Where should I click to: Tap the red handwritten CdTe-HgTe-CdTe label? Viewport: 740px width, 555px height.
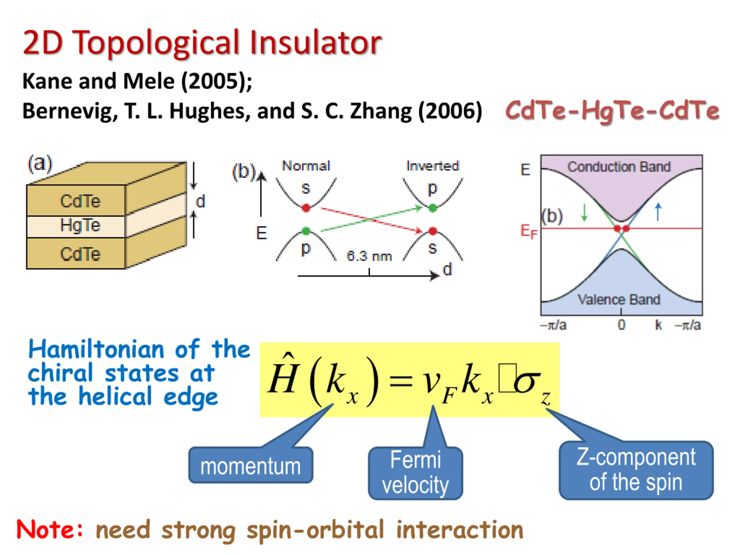point(612,111)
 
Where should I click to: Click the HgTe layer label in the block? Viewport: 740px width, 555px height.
point(80,225)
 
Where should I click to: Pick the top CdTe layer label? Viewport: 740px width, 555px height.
point(80,201)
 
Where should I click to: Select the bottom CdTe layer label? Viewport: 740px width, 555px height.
point(80,254)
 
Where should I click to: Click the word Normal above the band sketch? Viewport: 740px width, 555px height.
point(306,166)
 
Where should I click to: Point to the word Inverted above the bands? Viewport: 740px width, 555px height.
point(432,166)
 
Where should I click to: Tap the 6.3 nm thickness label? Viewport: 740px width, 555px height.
point(369,256)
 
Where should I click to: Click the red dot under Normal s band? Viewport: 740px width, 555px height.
point(306,208)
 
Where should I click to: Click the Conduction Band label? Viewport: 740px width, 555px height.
point(619,166)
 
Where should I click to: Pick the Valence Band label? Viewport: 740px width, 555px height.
point(619,299)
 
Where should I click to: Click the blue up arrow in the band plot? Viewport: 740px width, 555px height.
point(658,212)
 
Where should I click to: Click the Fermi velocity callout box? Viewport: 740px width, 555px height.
point(415,473)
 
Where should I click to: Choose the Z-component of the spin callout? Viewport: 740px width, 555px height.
point(636,470)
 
